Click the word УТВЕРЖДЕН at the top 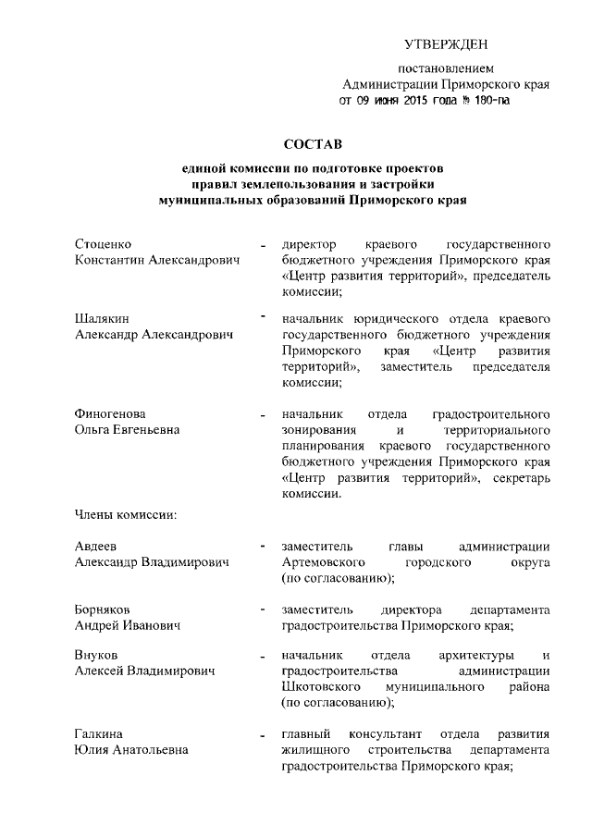tap(445, 44)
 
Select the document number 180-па tap(487, 100)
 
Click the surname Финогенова tap(110, 413)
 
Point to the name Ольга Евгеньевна tap(127, 429)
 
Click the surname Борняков tap(105, 609)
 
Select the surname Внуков tap(96, 656)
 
